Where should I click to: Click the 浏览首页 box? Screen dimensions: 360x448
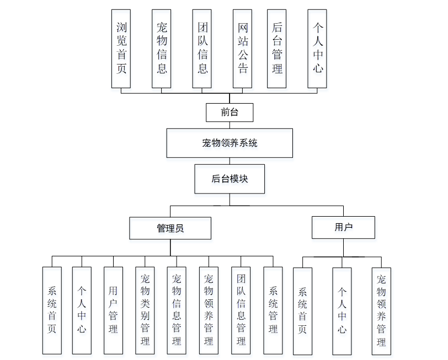[121, 49]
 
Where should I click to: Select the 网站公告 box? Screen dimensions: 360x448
[242, 49]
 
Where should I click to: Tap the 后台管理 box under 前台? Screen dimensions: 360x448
[276, 49]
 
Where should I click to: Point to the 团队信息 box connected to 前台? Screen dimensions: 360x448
[202, 49]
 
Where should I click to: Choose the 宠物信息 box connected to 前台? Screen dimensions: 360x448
[161, 49]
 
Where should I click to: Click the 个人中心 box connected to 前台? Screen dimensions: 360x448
[317, 49]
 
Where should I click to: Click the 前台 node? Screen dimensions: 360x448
[230, 112]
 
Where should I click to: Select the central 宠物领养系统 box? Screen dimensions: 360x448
[230, 143]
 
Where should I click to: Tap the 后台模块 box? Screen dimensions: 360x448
[230, 179]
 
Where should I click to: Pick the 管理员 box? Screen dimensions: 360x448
[170, 228]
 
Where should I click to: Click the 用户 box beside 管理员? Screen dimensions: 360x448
[343, 227]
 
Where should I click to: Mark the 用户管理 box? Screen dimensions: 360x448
[113, 310]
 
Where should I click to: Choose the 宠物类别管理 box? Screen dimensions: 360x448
[145, 310]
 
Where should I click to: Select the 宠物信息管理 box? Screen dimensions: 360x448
[177, 310]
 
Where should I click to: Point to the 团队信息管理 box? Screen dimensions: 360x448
[241, 310]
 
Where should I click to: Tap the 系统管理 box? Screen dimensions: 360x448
[273, 310]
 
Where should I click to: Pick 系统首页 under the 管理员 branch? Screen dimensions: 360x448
[52, 310]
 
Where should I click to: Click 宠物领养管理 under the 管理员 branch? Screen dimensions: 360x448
[209, 310]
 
